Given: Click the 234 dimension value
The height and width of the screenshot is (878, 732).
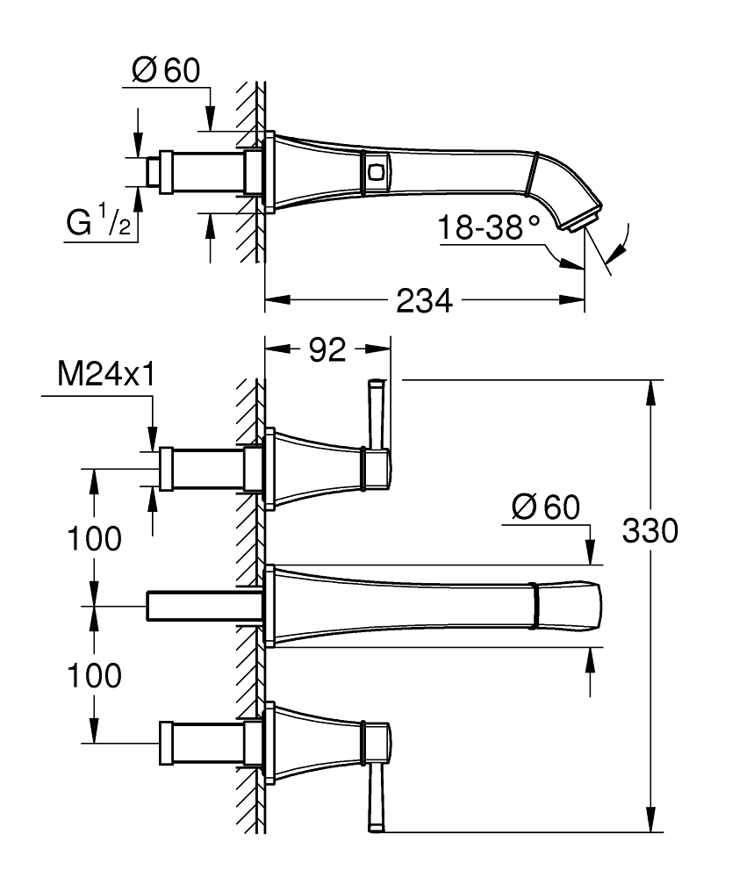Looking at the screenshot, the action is click(424, 300).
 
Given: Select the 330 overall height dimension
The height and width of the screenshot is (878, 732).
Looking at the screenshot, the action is click(649, 530).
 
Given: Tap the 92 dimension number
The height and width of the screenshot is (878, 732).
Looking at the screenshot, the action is click(327, 350).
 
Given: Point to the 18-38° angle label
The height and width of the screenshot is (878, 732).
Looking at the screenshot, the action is click(488, 227).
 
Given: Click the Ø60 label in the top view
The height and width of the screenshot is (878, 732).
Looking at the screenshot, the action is click(166, 70).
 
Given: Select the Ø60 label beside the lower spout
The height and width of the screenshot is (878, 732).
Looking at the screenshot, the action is click(546, 507).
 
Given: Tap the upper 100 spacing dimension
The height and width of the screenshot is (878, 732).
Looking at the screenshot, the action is click(94, 539).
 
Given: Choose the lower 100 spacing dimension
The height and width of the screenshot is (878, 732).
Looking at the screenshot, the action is click(94, 675).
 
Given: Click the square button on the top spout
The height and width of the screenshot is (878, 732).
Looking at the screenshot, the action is click(375, 171).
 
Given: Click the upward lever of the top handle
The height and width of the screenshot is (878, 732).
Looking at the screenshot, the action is click(376, 414).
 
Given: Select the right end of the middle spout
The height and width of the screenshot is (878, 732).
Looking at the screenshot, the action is click(600, 606).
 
